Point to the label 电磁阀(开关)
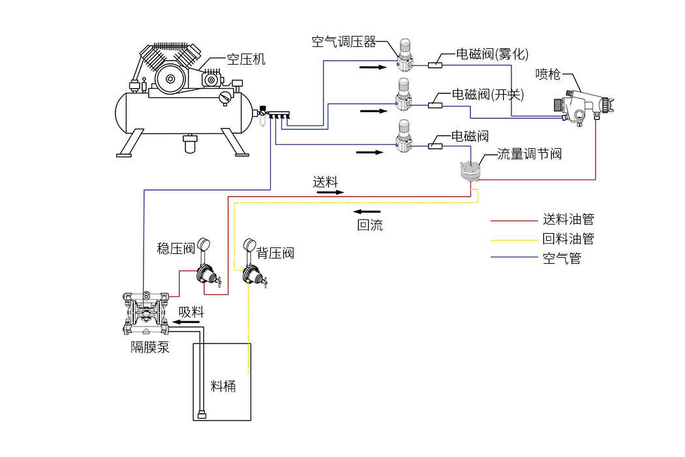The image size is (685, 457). pyautogui.click(x=488, y=95)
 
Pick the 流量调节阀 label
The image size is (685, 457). pyautogui.click(x=529, y=154)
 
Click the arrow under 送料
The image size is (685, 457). pyautogui.click(x=331, y=193)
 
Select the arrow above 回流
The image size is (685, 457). pyautogui.click(x=367, y=212)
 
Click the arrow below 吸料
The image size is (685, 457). pyautogui.click(x=190, y=321)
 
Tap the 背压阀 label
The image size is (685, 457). pyautogui.click(x=275, y=253)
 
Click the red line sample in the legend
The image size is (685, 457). pyautogui.click(x=512, y=221)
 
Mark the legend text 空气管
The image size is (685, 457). pyautogui.click(x=561, y=258)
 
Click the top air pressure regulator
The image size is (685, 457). pyautogui.click(x=404, y=56)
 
